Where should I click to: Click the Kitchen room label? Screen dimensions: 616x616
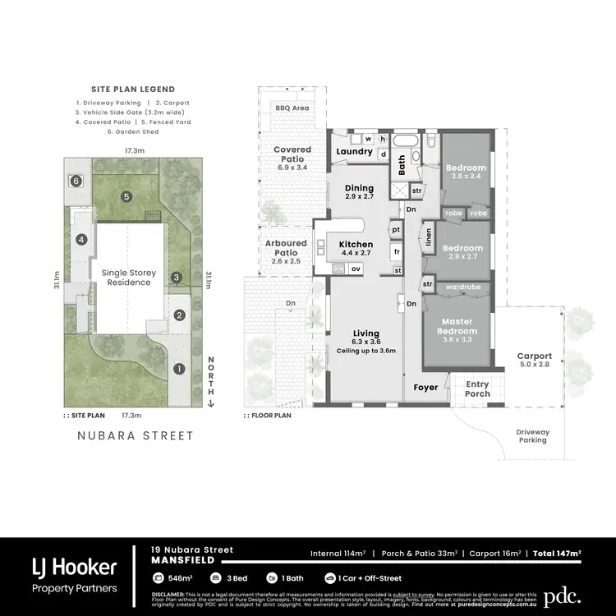(356, 244)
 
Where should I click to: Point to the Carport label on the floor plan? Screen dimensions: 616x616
(534, 356)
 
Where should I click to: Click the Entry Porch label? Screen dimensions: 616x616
(477, 388)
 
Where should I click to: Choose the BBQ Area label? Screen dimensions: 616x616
(292, 108)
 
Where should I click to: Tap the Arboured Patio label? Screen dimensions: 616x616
(286, 243)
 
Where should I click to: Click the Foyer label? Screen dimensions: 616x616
(425, 388)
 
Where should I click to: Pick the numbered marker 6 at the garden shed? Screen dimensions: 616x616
(76, 180)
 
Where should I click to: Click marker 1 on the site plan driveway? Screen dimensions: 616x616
(179, 369)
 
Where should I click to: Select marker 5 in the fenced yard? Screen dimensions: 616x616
(126, 196)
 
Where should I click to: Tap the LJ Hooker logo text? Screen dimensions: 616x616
(74, 567)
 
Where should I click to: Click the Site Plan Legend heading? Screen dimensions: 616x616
(133, 89)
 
